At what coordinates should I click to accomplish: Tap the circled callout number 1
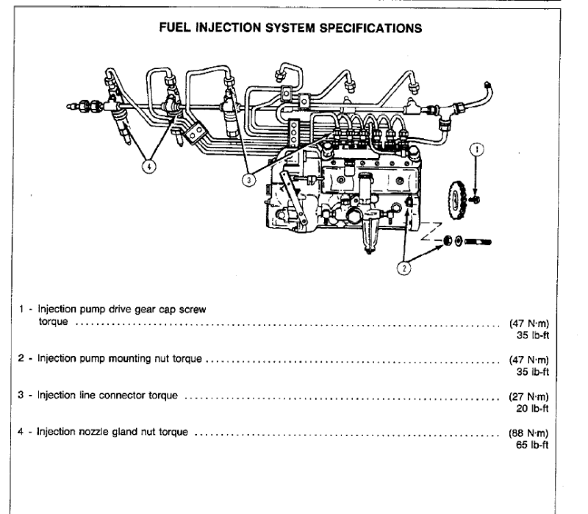(478, 149)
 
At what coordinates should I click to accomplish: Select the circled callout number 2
(404, 268)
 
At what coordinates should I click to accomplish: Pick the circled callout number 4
(151, 166)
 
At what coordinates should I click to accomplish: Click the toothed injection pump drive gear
(456, 198)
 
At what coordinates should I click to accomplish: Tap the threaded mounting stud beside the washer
(478, 241)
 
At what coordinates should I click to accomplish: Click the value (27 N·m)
(528, 396)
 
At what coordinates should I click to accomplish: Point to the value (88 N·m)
(528, 433)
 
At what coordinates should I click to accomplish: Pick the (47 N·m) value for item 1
(528, 323)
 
